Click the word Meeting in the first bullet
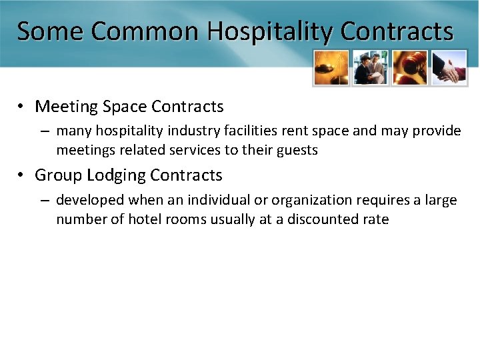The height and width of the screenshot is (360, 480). pyautogui.click(x=63, y=107)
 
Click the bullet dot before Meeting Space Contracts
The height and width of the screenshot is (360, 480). pyautogui.click(x=22, y=107)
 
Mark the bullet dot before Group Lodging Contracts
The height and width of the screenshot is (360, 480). pyautogui.click(x=22, y=175)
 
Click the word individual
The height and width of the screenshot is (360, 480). pyautogui.click(x=217, y=199)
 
